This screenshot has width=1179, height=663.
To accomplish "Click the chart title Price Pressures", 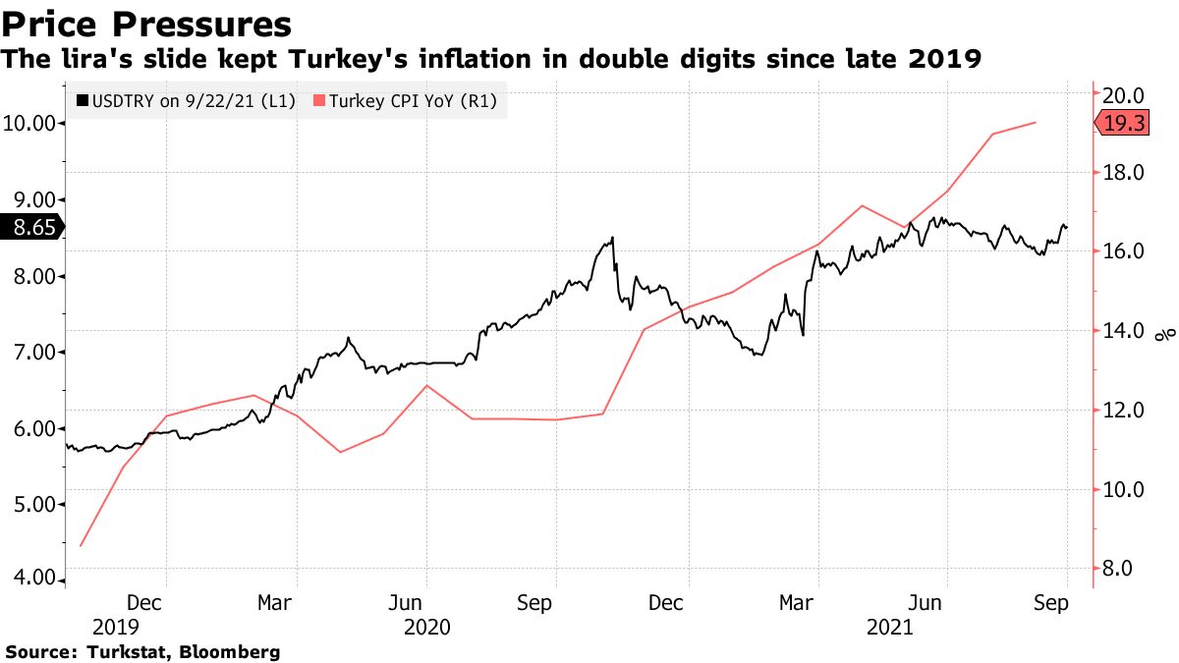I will click(x=147, y=24).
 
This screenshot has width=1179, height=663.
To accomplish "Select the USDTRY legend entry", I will click(x=186, y=100).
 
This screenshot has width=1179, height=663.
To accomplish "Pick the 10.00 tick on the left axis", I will click(x=32, y=123).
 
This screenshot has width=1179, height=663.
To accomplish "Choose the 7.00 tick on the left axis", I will click(x=32, y=352).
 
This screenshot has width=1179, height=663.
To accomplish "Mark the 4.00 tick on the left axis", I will click(x=32, y=579).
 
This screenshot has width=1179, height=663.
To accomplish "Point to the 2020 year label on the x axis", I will click(x=426, y=626).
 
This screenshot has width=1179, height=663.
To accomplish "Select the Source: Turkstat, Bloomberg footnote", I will click(x=142, y=651).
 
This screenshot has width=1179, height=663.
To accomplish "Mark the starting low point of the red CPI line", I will click(x=81, y=546).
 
